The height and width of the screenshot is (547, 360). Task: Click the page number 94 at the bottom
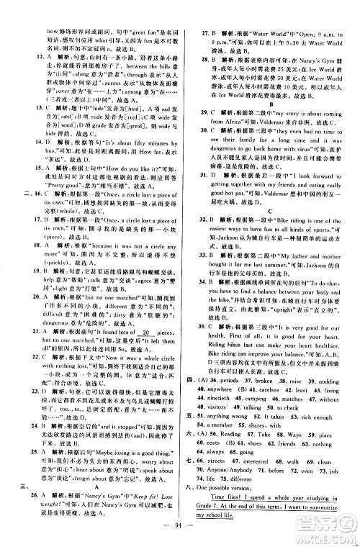coord(180,533)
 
